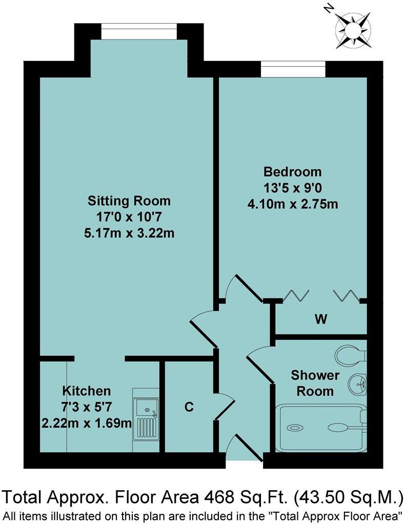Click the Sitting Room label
click(x=129, y=200)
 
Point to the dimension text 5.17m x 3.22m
click(x=129, y=233)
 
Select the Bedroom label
click(x=293, y=171)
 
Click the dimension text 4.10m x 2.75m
click(x=293, y=204)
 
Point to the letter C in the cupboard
click(x=189, y=408)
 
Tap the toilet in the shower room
click(x=351, y=354)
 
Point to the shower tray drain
click(x=295, y=427)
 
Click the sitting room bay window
click(x=138, y=33)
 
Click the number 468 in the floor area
click(x=219, y=497)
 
